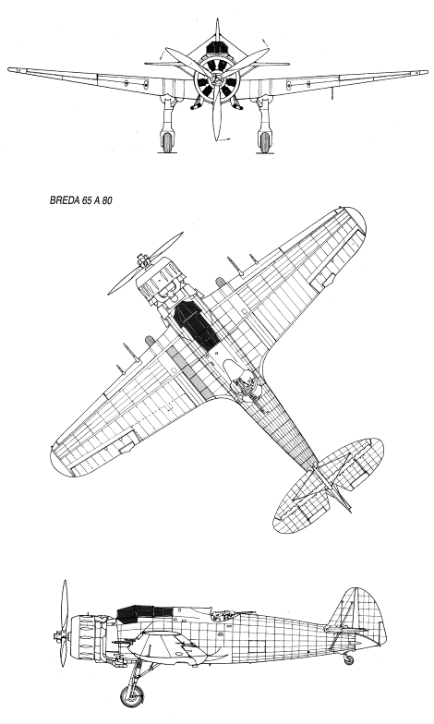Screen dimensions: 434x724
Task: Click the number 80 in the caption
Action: (106, 201)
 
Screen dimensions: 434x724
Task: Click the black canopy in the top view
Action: (196, 323)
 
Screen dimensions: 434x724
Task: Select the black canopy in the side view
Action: (139, 612)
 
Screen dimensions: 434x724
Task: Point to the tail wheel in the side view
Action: (349, 659)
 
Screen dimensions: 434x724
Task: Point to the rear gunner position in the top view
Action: (244, 378)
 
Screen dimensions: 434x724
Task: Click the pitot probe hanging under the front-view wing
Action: (331, 92)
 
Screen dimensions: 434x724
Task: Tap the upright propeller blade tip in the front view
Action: (216, 20)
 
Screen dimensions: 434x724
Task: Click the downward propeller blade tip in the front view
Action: (216, 139)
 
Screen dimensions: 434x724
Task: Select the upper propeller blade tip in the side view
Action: (65, 582)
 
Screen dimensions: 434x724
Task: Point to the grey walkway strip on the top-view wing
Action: (192, 374)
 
